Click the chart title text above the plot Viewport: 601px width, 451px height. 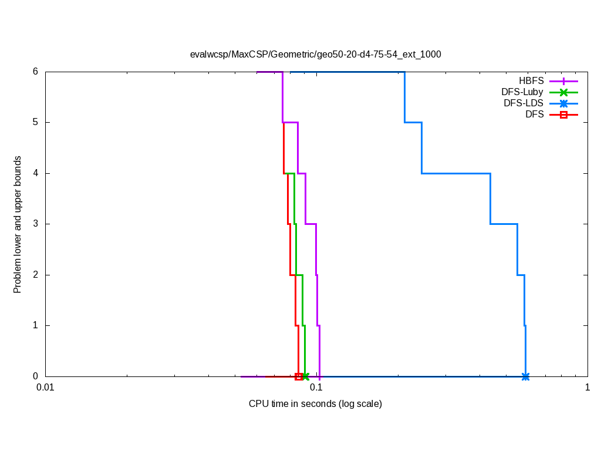315,54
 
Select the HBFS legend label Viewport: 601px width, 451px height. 531,80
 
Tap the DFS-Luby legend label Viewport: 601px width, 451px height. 522,92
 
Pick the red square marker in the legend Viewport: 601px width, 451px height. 563,115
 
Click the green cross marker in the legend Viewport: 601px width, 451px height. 563,92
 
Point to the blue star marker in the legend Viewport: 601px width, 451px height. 563,103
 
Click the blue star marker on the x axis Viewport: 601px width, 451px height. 525,376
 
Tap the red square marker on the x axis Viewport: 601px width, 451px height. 299,376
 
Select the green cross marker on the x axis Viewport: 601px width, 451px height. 305,376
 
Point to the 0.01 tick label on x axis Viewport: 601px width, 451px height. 45,388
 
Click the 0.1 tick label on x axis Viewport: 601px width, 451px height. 316,388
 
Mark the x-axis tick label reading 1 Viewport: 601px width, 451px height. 587,388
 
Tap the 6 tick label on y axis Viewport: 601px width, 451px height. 35,72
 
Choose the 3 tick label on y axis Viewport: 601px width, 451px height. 35,224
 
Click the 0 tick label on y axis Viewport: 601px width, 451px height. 35,376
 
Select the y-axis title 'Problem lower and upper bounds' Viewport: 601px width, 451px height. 18,224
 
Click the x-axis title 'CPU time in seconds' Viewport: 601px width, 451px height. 315,404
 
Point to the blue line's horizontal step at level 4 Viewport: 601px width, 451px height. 455,173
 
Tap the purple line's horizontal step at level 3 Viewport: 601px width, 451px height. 310,224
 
